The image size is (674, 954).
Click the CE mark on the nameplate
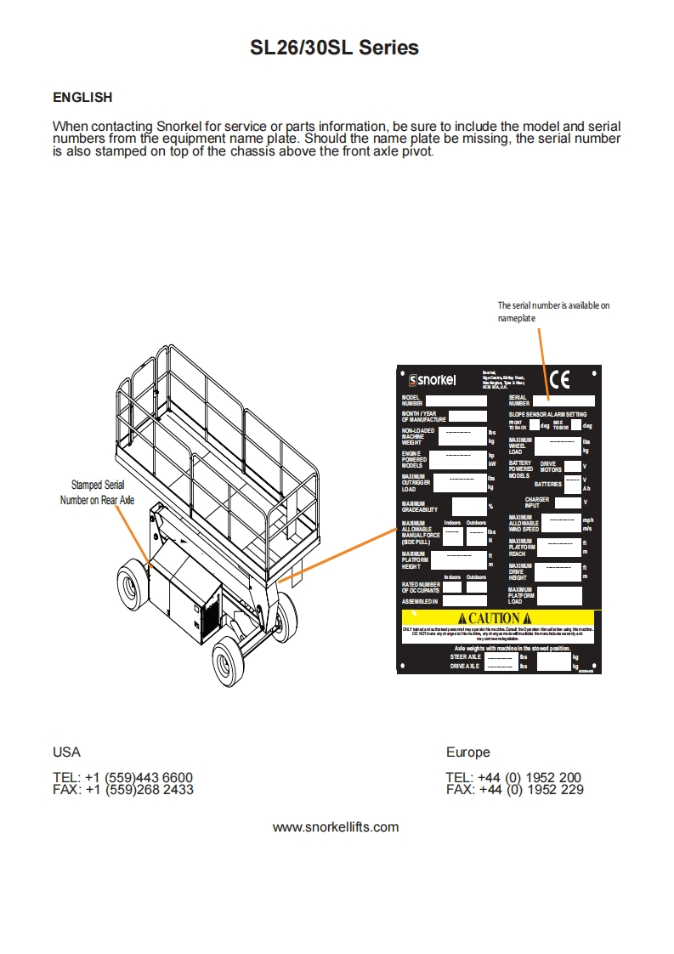559,379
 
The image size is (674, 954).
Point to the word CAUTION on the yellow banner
495,617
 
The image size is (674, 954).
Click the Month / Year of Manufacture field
467,417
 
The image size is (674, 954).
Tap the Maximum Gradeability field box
468,507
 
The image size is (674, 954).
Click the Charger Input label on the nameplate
536,503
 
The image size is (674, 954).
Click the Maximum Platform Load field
559,595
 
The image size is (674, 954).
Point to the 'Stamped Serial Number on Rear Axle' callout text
97,492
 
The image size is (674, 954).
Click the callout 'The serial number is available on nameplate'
553,311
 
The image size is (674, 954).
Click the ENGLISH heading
82,98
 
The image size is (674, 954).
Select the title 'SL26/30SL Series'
334,48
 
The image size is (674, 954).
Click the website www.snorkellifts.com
335,826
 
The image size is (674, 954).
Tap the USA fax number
123,789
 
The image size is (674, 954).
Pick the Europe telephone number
513,777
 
